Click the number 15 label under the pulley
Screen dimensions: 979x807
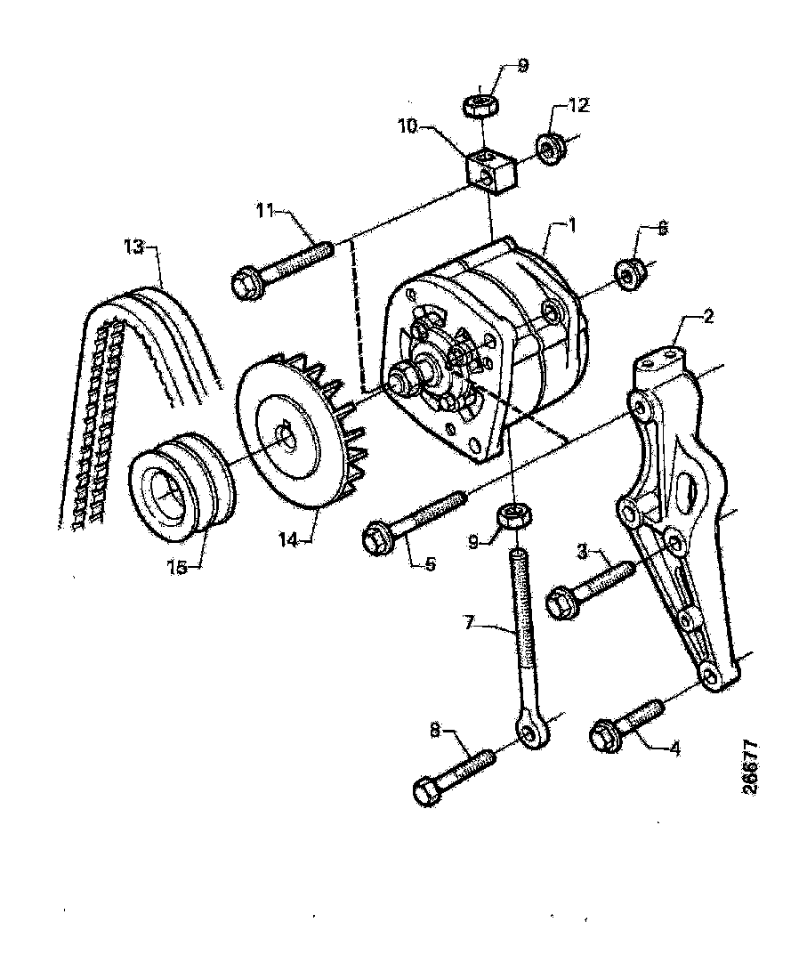(178, 566)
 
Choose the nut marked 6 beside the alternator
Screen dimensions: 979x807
(630, 274)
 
